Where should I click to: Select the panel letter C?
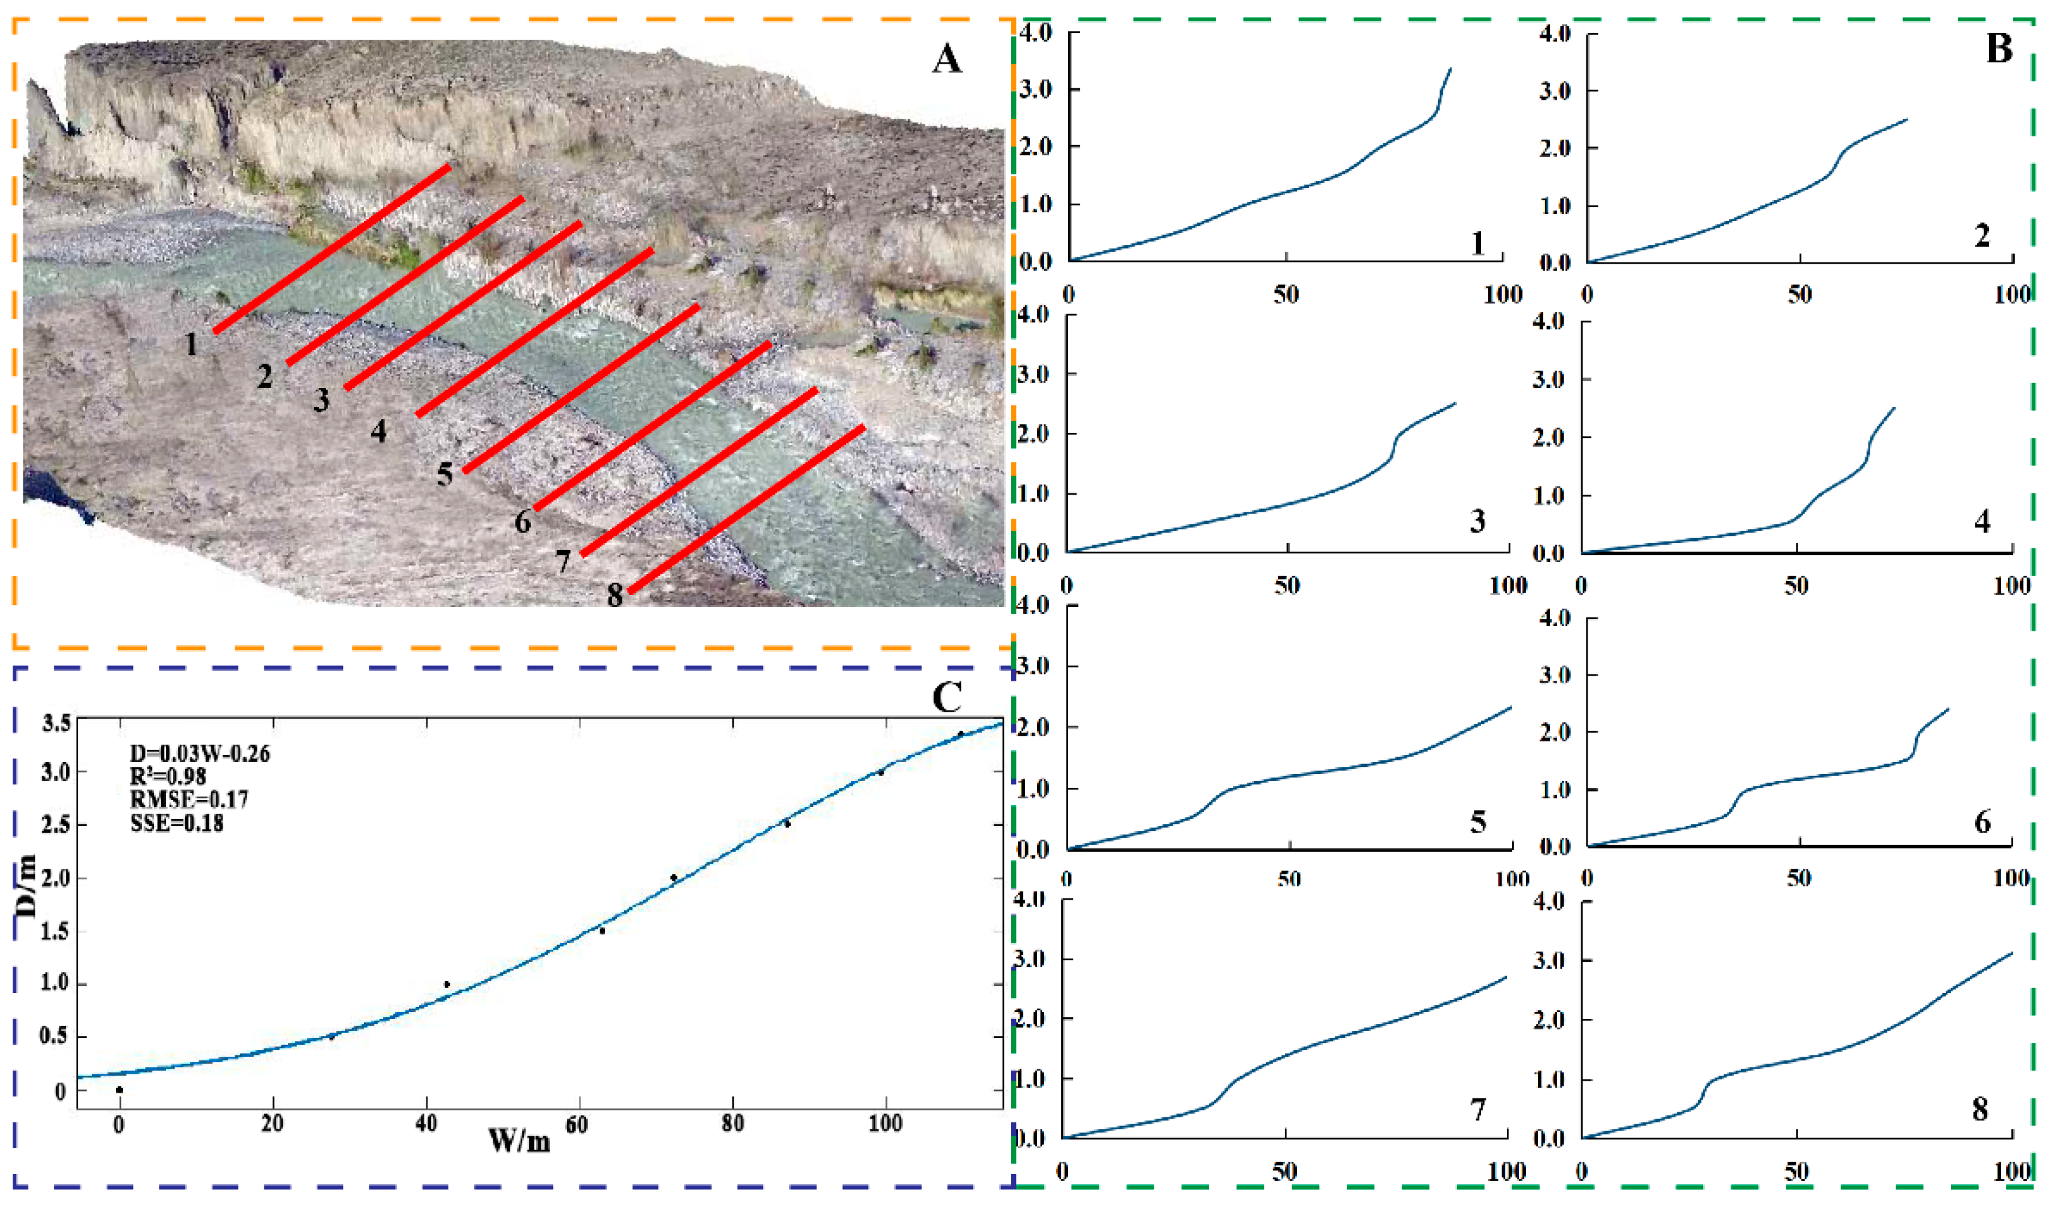(947, 697)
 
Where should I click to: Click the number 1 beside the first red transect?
(190, 344)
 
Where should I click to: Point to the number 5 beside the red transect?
(444, 473)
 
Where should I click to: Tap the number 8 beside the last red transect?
(614, 595)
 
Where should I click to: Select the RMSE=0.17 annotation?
(189, 800)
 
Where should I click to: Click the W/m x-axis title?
(520, 1141)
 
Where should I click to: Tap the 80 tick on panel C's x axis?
(732, 1124)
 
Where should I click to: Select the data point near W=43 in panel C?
(447, 985)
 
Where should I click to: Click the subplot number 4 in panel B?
(1982, 521)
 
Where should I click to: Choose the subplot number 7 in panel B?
(1477, 1109)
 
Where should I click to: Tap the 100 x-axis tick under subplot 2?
(2012, 295)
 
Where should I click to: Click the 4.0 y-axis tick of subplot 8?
(1549, 902)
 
